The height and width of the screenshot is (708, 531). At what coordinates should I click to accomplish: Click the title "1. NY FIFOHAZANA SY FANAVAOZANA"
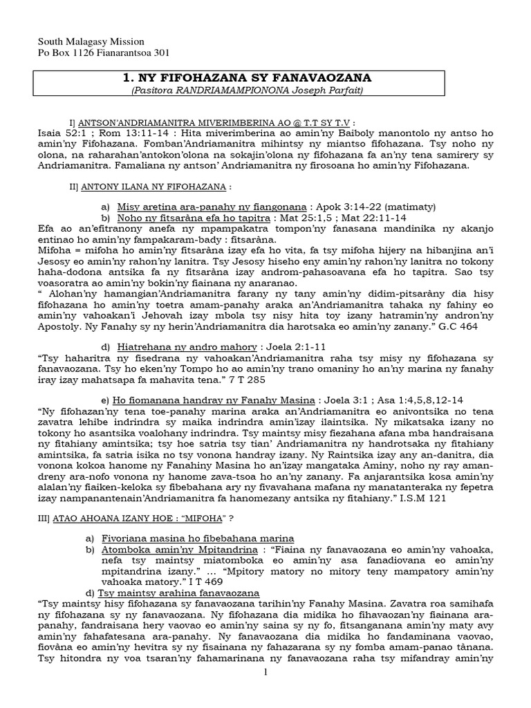pyautogui.click(x=265, y=77)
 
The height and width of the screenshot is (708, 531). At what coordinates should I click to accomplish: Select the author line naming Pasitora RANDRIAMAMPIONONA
pyautogui.click(x=265, y=90)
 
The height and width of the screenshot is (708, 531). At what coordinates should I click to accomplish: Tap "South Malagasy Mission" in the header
pyautogui.click(x=84, y=41)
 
